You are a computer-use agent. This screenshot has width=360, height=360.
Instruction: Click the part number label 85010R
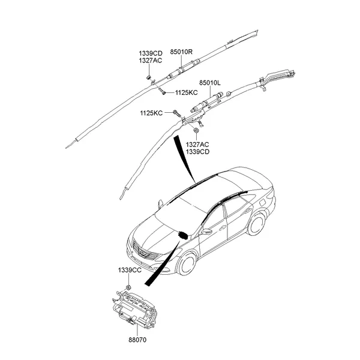[x=182, y=52]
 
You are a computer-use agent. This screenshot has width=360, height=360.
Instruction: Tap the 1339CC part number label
[x=128, y=271]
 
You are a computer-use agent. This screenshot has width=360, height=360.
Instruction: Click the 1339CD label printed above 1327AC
[x=151, y=53]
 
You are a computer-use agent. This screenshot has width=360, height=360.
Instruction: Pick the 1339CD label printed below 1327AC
[x=197, y=152]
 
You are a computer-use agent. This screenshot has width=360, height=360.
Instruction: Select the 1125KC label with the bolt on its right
[x=152, y=113]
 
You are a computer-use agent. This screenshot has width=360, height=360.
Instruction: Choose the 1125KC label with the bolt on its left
[x=186, y=92]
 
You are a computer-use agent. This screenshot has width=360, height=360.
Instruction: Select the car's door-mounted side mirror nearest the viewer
[x=207, y=231]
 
